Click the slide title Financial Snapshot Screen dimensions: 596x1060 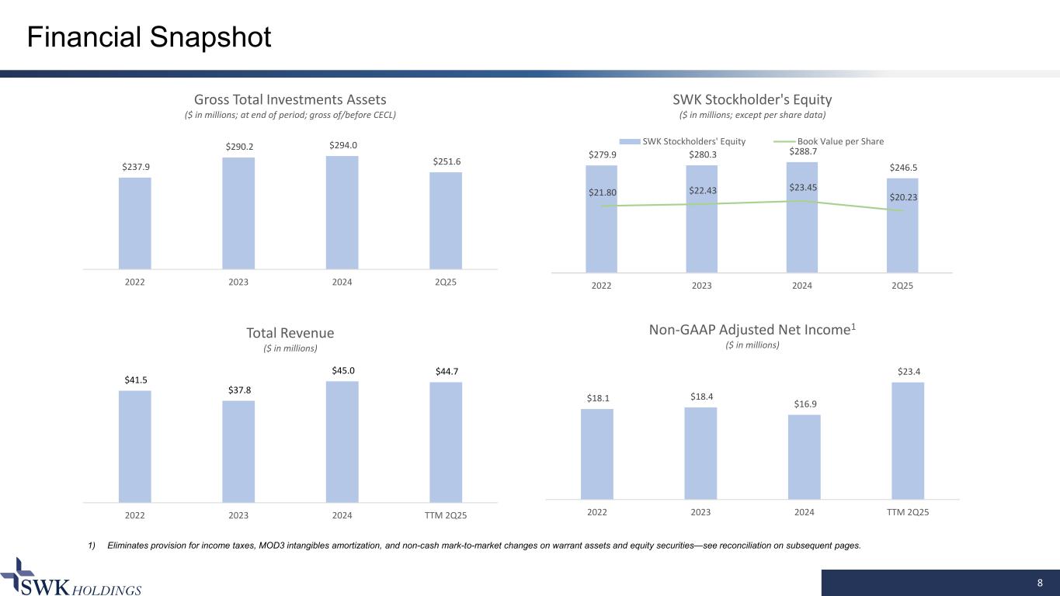149,37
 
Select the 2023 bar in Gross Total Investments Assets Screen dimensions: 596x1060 238,213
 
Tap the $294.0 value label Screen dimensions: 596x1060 342,145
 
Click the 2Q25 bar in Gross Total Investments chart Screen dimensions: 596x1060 446,220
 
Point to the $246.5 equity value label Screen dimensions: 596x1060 902,167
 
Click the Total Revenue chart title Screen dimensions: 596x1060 290,333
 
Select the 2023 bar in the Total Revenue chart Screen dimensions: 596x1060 238,451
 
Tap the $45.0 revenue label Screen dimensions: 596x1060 342,370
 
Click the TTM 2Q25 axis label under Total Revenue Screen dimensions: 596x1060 446,515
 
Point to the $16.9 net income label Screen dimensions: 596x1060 805,404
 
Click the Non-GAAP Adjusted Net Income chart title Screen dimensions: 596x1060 752,330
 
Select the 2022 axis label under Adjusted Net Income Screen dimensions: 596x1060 597,512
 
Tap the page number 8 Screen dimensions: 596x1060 1040,583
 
